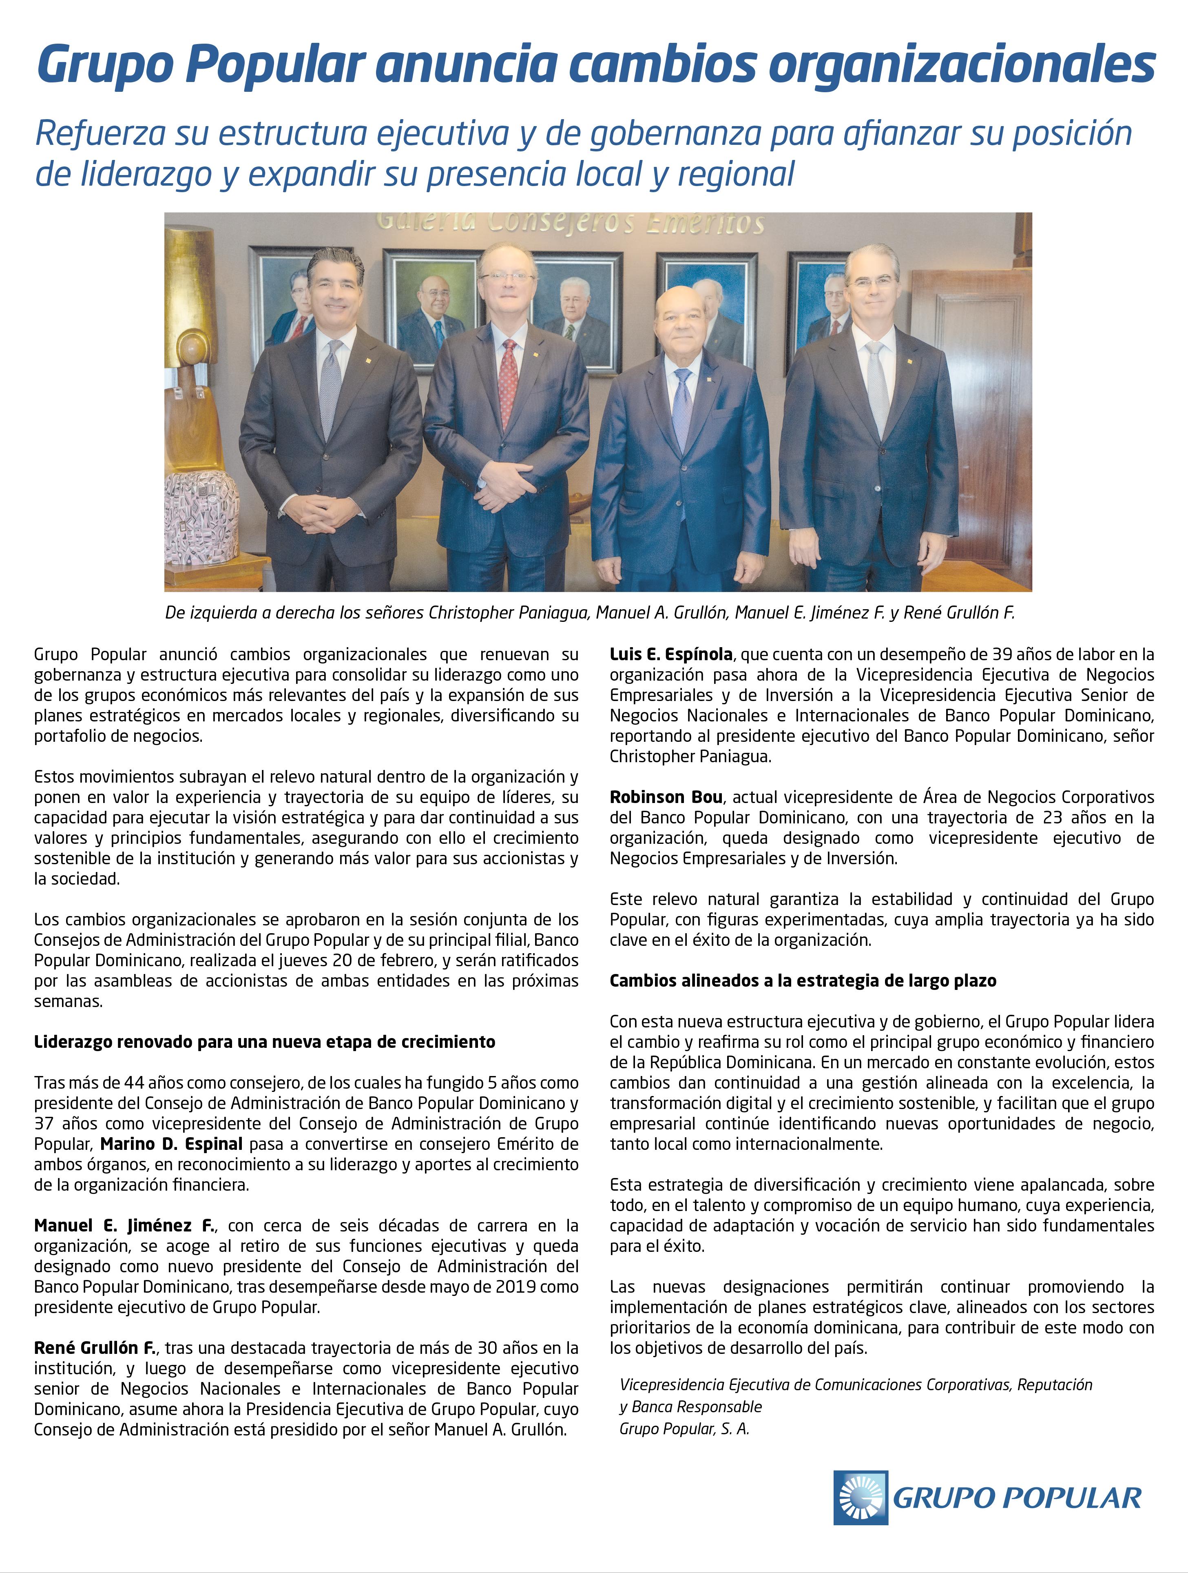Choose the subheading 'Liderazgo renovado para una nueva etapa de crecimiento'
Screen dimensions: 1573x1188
[264, 1042]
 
